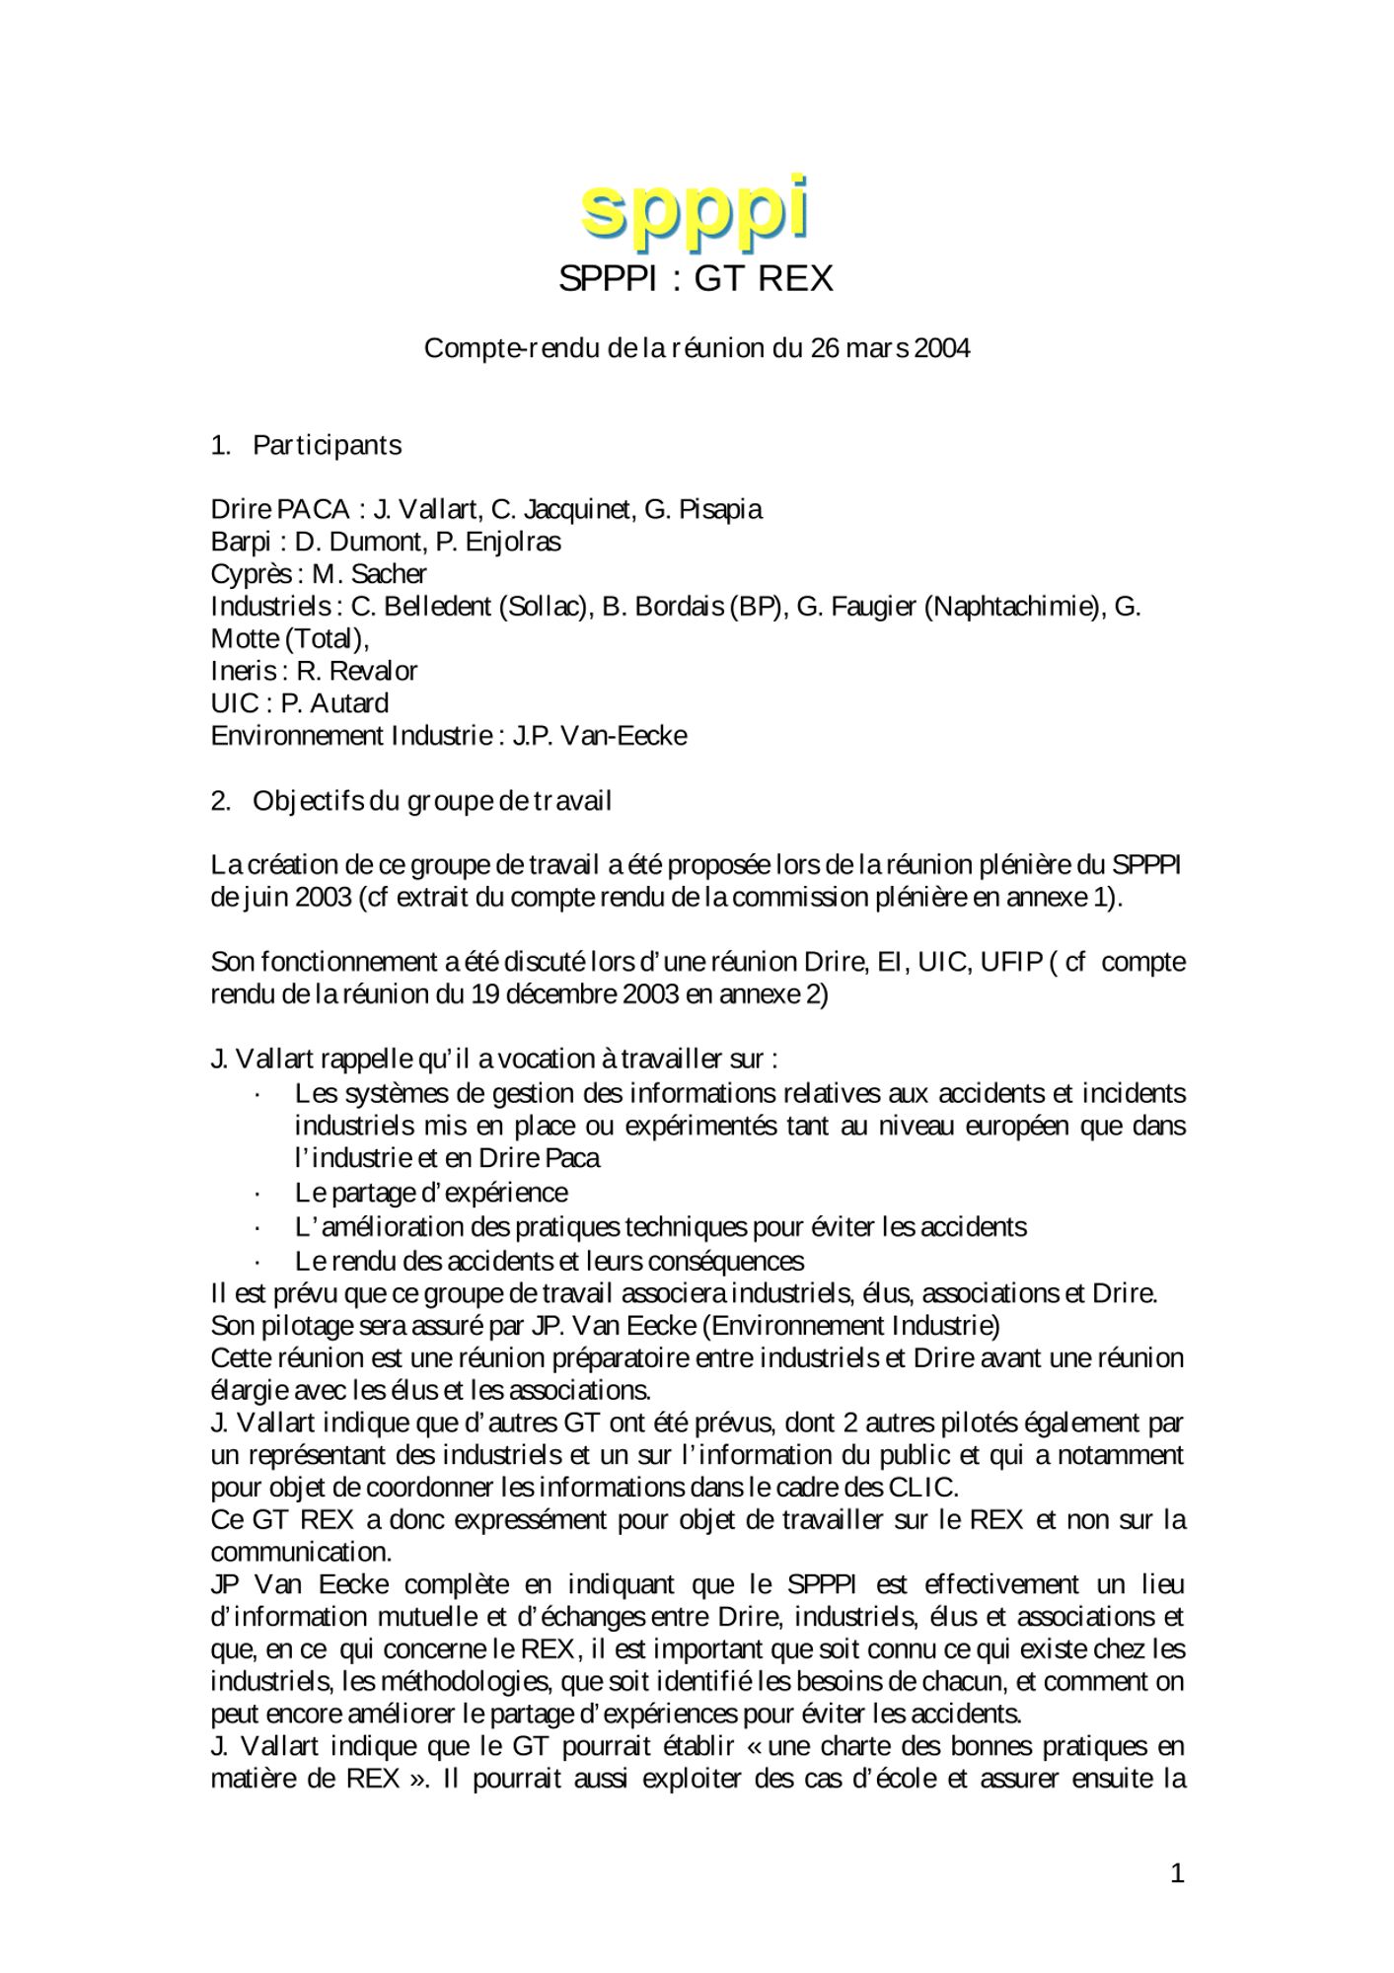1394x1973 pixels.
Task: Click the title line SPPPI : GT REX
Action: click(696, 279)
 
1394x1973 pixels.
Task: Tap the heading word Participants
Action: click(327, 445)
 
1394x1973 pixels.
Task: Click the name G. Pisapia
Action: click(702, 510)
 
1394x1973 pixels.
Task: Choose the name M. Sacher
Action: click(369, 574)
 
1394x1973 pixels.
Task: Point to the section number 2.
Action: click(220, 801)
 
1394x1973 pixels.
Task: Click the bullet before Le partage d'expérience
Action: click(257, 1195)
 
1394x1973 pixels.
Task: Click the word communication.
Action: click(300, 1553)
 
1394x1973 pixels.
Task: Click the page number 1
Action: click(1177, 1874)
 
